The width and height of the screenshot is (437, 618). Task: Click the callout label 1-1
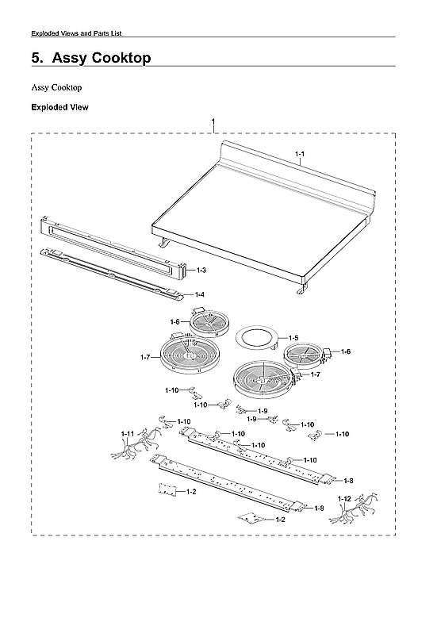pyautogui.click(x=300, y=152)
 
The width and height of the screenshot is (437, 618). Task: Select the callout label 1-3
pyautogui.click(x=201, y=271)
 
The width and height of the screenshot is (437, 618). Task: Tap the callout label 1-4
pyautogui.click(x=200, y=294)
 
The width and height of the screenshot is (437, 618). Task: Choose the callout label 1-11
pyautogui.click(x=127, y=433)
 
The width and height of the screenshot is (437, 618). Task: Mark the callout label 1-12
pyautogui.click(x=343, y=498)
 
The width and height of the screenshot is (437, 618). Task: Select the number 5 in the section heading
pyautogui.click(x=36, y=59)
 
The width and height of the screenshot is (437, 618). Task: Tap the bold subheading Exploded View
pyautogui.click(x=59, y=106)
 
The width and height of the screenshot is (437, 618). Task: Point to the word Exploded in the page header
pyautogui.click(x=46, y=33)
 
